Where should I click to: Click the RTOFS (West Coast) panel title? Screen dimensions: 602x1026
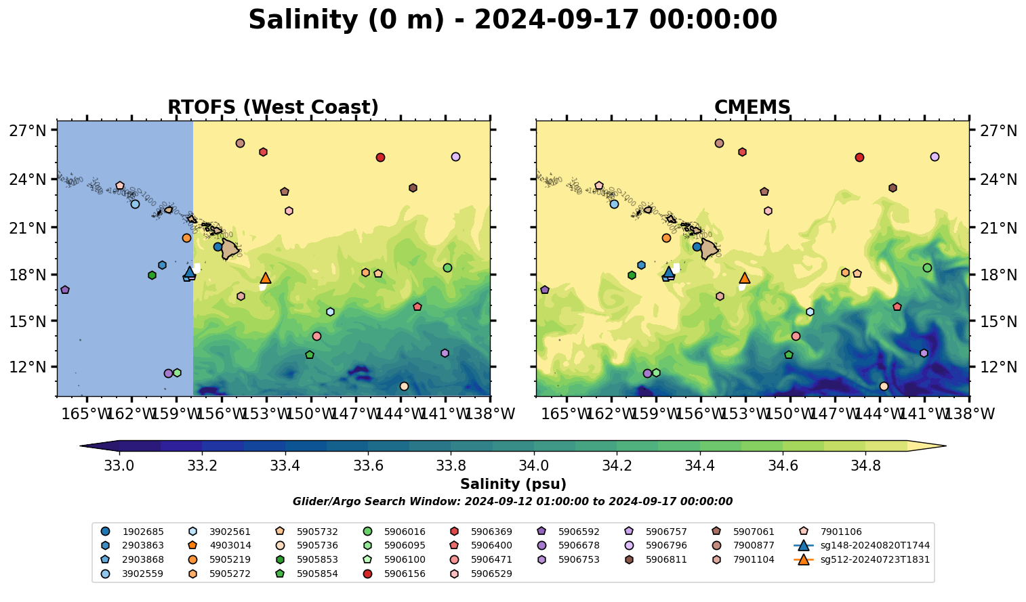[x=272, y=108]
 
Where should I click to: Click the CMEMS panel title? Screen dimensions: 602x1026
[x=752, y=108]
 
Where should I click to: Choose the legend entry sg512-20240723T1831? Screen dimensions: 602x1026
[x=874, y=560]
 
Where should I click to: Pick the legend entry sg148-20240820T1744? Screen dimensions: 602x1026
[x=874, y=546]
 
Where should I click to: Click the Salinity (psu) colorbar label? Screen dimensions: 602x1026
[x=513, y=484]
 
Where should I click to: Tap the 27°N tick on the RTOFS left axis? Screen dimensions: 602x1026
[x=28, y=130]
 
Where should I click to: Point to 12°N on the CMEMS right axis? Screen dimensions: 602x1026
[x=996, y=367]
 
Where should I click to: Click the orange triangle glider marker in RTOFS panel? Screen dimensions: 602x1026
[x=266, y=278]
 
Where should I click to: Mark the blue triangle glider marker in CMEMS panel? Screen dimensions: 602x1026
[x=668, y=272]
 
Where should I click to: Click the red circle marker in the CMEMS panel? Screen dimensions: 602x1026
[x=859, y=158]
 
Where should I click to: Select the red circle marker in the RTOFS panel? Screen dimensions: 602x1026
[x=380, y=158]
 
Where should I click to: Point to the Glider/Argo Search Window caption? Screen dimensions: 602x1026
[x=512, y=502]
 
